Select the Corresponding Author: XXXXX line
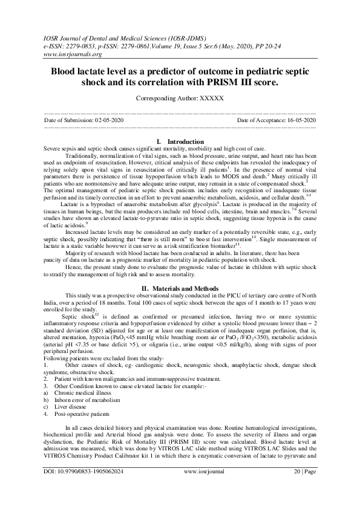click(180, 98)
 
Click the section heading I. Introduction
click(180, 141)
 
